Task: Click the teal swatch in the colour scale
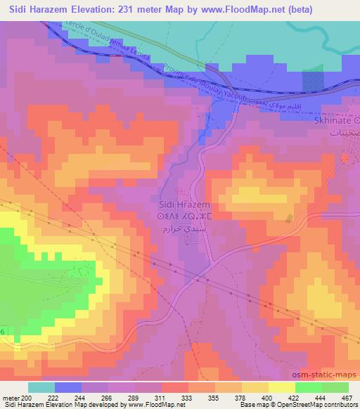click(x=41, y=387)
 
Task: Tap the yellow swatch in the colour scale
click(x=281, y=387)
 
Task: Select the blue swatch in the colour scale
click(x=68, y=387)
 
